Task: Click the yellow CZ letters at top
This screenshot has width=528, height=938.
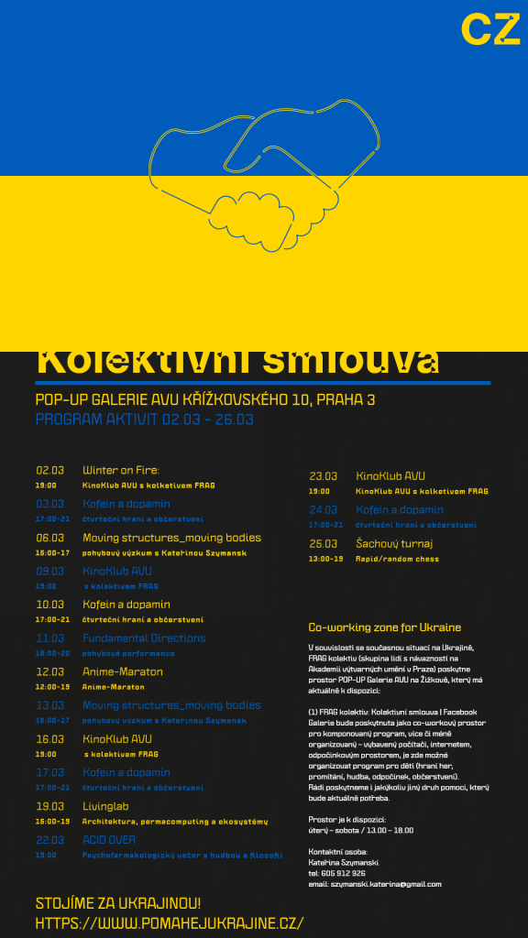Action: (x=489, y=29)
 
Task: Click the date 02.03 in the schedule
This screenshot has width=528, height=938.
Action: (x=49, y=471)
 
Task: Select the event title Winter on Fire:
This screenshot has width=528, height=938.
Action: (x=121, y=471)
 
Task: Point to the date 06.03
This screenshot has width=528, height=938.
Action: (x=49, y=538)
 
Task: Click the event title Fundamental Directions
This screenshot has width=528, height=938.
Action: (x=144, y=638)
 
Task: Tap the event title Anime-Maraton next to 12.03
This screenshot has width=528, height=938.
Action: (x=122, y=671)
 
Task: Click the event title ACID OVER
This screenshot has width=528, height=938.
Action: (x=109, y=840)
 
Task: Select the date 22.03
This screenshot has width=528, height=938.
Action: (x=49, y=840)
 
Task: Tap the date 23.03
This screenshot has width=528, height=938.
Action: (x=323, y=476)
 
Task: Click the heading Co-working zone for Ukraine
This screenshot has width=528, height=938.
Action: (x=384, y=627)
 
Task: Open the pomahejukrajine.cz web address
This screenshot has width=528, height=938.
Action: (x=170, y=923)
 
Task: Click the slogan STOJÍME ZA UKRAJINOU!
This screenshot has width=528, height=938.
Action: (x=118, y=903)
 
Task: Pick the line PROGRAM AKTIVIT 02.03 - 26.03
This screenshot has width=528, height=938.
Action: (x=144, y=420)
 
